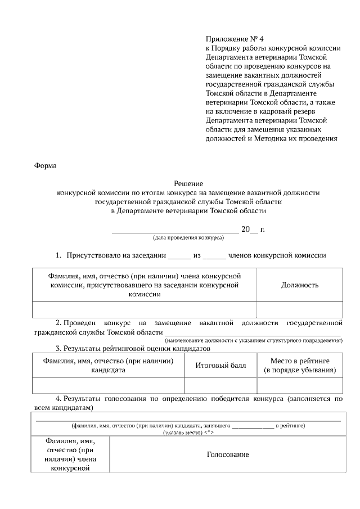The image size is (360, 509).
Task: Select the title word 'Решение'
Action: [188, 183]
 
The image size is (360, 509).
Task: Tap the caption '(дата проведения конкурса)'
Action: [188, 238]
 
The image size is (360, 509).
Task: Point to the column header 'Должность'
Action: [300, 285]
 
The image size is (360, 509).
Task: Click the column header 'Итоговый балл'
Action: [220, 365]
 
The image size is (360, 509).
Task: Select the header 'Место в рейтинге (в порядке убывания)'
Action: [300, 365]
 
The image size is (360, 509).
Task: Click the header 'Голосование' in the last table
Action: [228, 454]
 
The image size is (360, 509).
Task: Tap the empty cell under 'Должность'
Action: [300, 310]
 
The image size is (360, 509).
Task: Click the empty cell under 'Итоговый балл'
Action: [220, 385]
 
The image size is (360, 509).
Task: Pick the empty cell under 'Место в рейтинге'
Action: [300, 385]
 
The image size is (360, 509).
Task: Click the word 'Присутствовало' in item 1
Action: [93, 255]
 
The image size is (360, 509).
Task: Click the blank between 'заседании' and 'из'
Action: [179, 256]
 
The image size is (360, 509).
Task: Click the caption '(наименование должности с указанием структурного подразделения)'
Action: [253, 340]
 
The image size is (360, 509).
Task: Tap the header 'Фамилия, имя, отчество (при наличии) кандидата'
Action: [109, 365]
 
